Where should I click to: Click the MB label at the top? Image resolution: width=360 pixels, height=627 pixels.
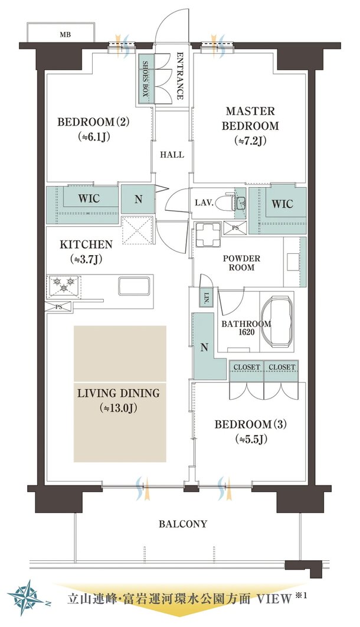pyautogui.click(x=65, y=35)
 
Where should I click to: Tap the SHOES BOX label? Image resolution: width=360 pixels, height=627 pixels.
pyautogui.click(x=146, y=80)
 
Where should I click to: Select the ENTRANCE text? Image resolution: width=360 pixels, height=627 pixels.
pyautogui.click(x=180, y=76)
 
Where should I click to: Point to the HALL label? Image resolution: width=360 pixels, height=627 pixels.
pyautogui.click(x=172, y=154)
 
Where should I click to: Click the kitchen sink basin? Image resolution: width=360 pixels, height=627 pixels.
pyautogui.click(x=134, y=286)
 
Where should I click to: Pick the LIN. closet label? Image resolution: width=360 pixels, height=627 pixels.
pyautogui.click(x=207, y=296)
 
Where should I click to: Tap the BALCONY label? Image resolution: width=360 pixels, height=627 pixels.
pyautogui.click(x=183, y=524)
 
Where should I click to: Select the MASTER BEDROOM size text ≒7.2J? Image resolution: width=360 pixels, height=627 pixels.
pyautogui.click(x=251, y=141)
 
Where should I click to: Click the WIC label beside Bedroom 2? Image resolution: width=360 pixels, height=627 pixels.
pyautogui.click(x=89, y=199)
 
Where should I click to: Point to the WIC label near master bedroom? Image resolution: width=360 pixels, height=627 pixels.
pyautogui.click(x=282, y=204)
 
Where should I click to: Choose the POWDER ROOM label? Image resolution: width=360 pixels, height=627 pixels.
pyautogui.click(x=241, y=263)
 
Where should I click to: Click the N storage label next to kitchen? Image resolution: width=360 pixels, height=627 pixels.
pyautogui.click(x=138, y=199)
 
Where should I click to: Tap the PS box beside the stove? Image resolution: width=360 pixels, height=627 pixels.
pyautogui.click(x=59, y=306)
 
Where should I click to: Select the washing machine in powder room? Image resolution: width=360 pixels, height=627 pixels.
pyautogui.click(x=208, y=235)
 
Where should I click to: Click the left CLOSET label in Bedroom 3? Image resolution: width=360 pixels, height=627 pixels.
pyautogui.click(x=247, y=367)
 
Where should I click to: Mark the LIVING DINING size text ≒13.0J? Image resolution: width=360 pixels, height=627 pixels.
pyautogui.click(x=118, y=409)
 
